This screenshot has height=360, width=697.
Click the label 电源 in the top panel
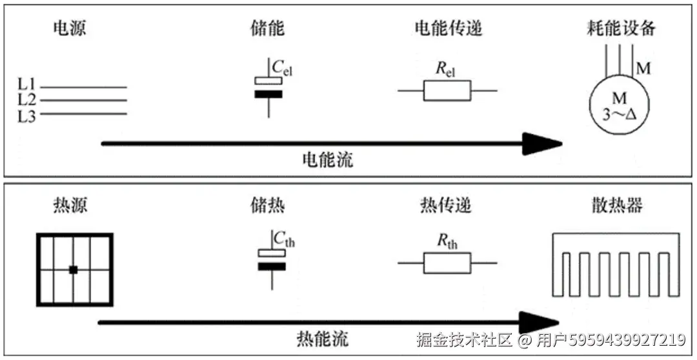pyautogui.click(x=69, y=29)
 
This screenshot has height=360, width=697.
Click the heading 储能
pyautogui.click(x=267, y=29)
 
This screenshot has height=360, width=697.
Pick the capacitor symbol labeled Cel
pyautogui.click(x=268, y=88)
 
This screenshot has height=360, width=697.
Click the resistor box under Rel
pyautogui.click(x=447, y=91)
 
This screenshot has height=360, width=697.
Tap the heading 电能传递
pyautogui.click(x=449, y=29)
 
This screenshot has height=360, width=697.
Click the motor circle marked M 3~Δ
pyautogui.click(x=618, y=106)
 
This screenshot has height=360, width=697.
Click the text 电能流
pyautogui.click(x=328, y=160)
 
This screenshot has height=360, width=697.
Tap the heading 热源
pyautogui.click(x=70, y=206)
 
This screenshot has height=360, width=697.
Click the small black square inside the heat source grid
pyautogui.click(x=74, y=270)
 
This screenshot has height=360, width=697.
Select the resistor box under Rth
pyautogui.click(x=447, y=263)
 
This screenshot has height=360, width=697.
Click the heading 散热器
pyautogui.click(x=616, y=206)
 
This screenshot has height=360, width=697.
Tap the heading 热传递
pyautogui.click(x=445, y=206)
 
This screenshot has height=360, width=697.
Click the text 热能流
pyautogui.click(x=322, y=338)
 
